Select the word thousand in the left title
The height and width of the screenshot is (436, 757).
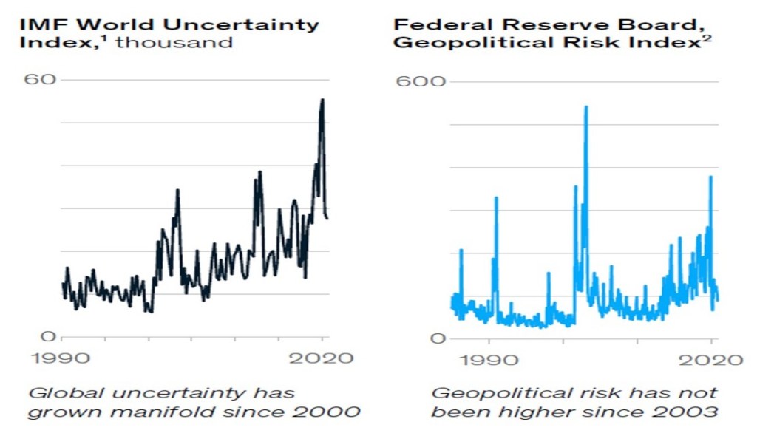[x=174, y=41]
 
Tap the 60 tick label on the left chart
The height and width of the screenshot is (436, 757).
[x=43, y=79]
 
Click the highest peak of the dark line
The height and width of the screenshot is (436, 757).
[x=322, y=100]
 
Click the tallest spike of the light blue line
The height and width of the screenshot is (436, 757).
[x=585, y=107]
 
